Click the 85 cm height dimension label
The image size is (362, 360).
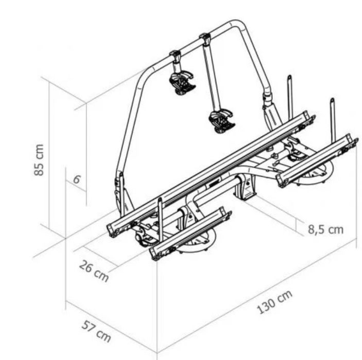pyautogui.click(x=39, y=160)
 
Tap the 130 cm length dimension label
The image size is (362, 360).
pyautogui.click(x=274, y=302)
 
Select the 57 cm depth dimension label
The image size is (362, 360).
pyautogui.click(x=96, y=331)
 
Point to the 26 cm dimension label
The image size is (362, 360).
pyautogui.click(x=94, y=271)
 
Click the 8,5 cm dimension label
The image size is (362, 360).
pyautogui.click(x=326, y=230)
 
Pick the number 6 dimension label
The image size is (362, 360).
pyautogui.click(x=77, y=179)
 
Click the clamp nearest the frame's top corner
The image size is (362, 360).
pyautogui.click(x=205, y=38)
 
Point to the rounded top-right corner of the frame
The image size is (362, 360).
pyautogui.click(x=237, y=23)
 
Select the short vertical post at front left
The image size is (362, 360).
pyautogui.click(x=160, y=219)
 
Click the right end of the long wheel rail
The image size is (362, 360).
pyautogui.click(x=308, y=119)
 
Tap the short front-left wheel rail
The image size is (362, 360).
pyautogui.click(x=190, y=233)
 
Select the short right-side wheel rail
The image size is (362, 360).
pyautogui.click(x=318, y=160)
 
